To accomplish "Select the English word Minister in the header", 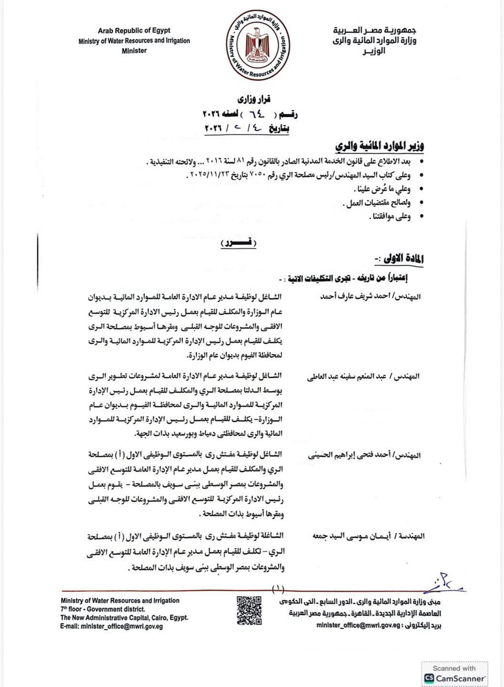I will (134, 51).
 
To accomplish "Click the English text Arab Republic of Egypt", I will (134, 31).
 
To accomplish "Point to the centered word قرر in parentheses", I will (239, 242).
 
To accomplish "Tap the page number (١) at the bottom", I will (278, 587).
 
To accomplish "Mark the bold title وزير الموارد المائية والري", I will (379, 146).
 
